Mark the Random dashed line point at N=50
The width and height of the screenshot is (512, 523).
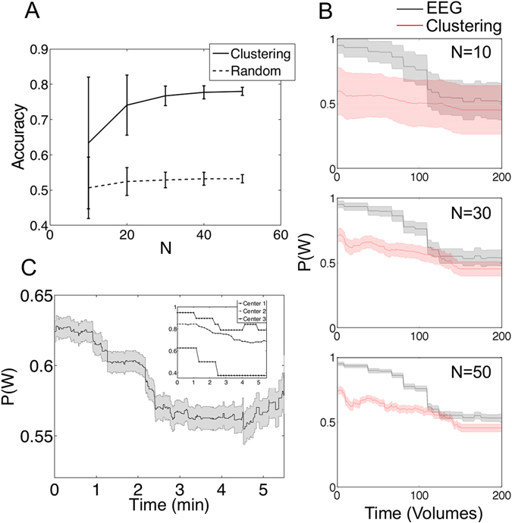click(x=242, y=179)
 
